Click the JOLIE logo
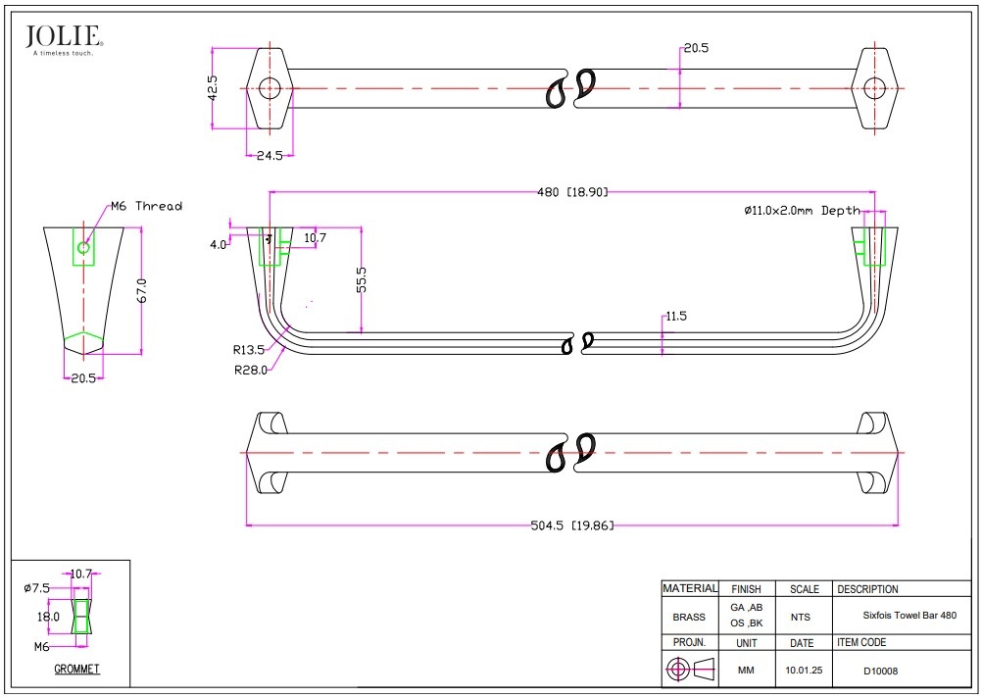coord(64,38)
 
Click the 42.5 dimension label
coord(212,87)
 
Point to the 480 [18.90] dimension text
coord(572,192)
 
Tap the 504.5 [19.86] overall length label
coord(572,525)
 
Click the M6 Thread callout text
coord(146,206)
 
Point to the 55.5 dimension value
coord(362,279)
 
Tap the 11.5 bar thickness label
coord(677,317)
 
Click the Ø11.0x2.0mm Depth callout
coord(801,211)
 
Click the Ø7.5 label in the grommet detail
coord(36,588)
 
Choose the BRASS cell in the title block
coord(689,618)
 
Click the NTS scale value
coord(801,618)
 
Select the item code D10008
coord(880,672)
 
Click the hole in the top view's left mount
coord(268,88)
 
